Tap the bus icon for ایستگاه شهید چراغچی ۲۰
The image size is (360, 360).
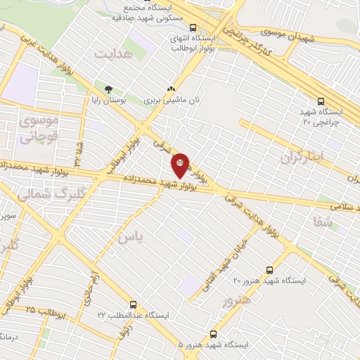click(x=321, y=101)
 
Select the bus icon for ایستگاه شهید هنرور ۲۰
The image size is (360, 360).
click(x=269, y=270)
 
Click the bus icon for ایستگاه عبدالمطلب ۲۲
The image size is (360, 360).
click(x=134, y=306)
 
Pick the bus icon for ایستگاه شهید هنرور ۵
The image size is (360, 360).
click(x=213, y=335)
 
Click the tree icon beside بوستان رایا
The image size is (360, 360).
click(x=108, y=89)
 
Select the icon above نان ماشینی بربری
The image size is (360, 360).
click(x=170, y=89)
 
